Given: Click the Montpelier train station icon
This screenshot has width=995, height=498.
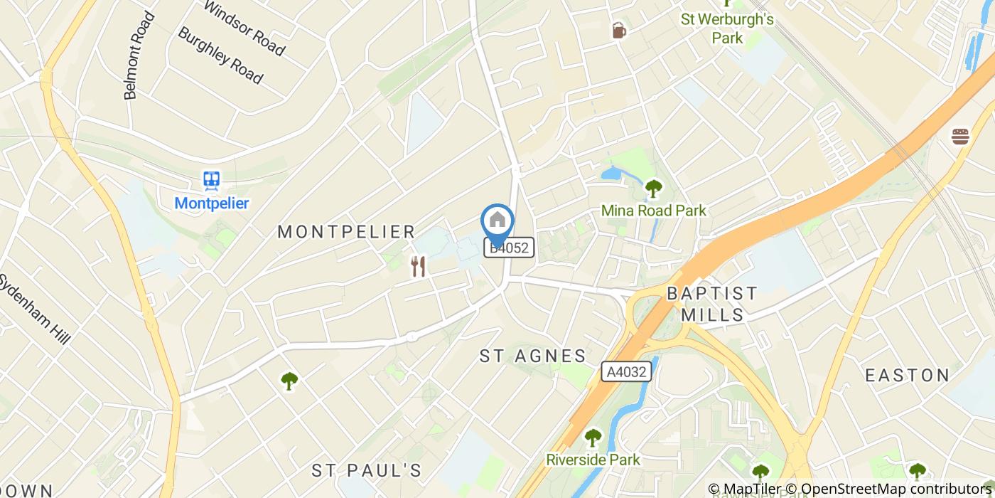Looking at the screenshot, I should coord(211,181).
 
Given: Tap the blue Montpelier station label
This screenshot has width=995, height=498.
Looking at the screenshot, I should coord(212,203).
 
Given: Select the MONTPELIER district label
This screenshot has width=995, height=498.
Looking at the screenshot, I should coord(346,231).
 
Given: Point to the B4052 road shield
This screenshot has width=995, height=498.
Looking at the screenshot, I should coord(509,247).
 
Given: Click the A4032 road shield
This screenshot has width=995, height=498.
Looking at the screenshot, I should coord(626,371).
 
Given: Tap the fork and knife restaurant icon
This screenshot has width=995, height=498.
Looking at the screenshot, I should coord(418,267).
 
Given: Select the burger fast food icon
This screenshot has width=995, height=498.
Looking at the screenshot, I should coord(961,136).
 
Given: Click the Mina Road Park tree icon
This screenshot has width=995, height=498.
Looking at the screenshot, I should coord(653,189).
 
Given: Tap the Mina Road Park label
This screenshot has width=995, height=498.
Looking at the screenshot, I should coord(653,210).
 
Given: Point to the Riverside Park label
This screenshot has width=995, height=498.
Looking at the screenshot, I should coord(593,460).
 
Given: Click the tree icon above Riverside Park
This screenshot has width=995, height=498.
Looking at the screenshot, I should coord(593,438).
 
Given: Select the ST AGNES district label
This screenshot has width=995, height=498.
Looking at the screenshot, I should coord(533,356).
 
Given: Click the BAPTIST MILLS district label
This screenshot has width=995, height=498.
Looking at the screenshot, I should coord(712,304).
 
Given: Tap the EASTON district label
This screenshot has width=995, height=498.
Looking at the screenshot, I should coord(907,375).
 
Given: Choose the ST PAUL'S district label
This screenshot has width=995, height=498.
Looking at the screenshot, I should coord(367,470).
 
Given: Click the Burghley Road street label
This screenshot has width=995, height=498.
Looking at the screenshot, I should coord(220,55).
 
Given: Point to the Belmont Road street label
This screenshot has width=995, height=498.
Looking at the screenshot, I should coord(139,55).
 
